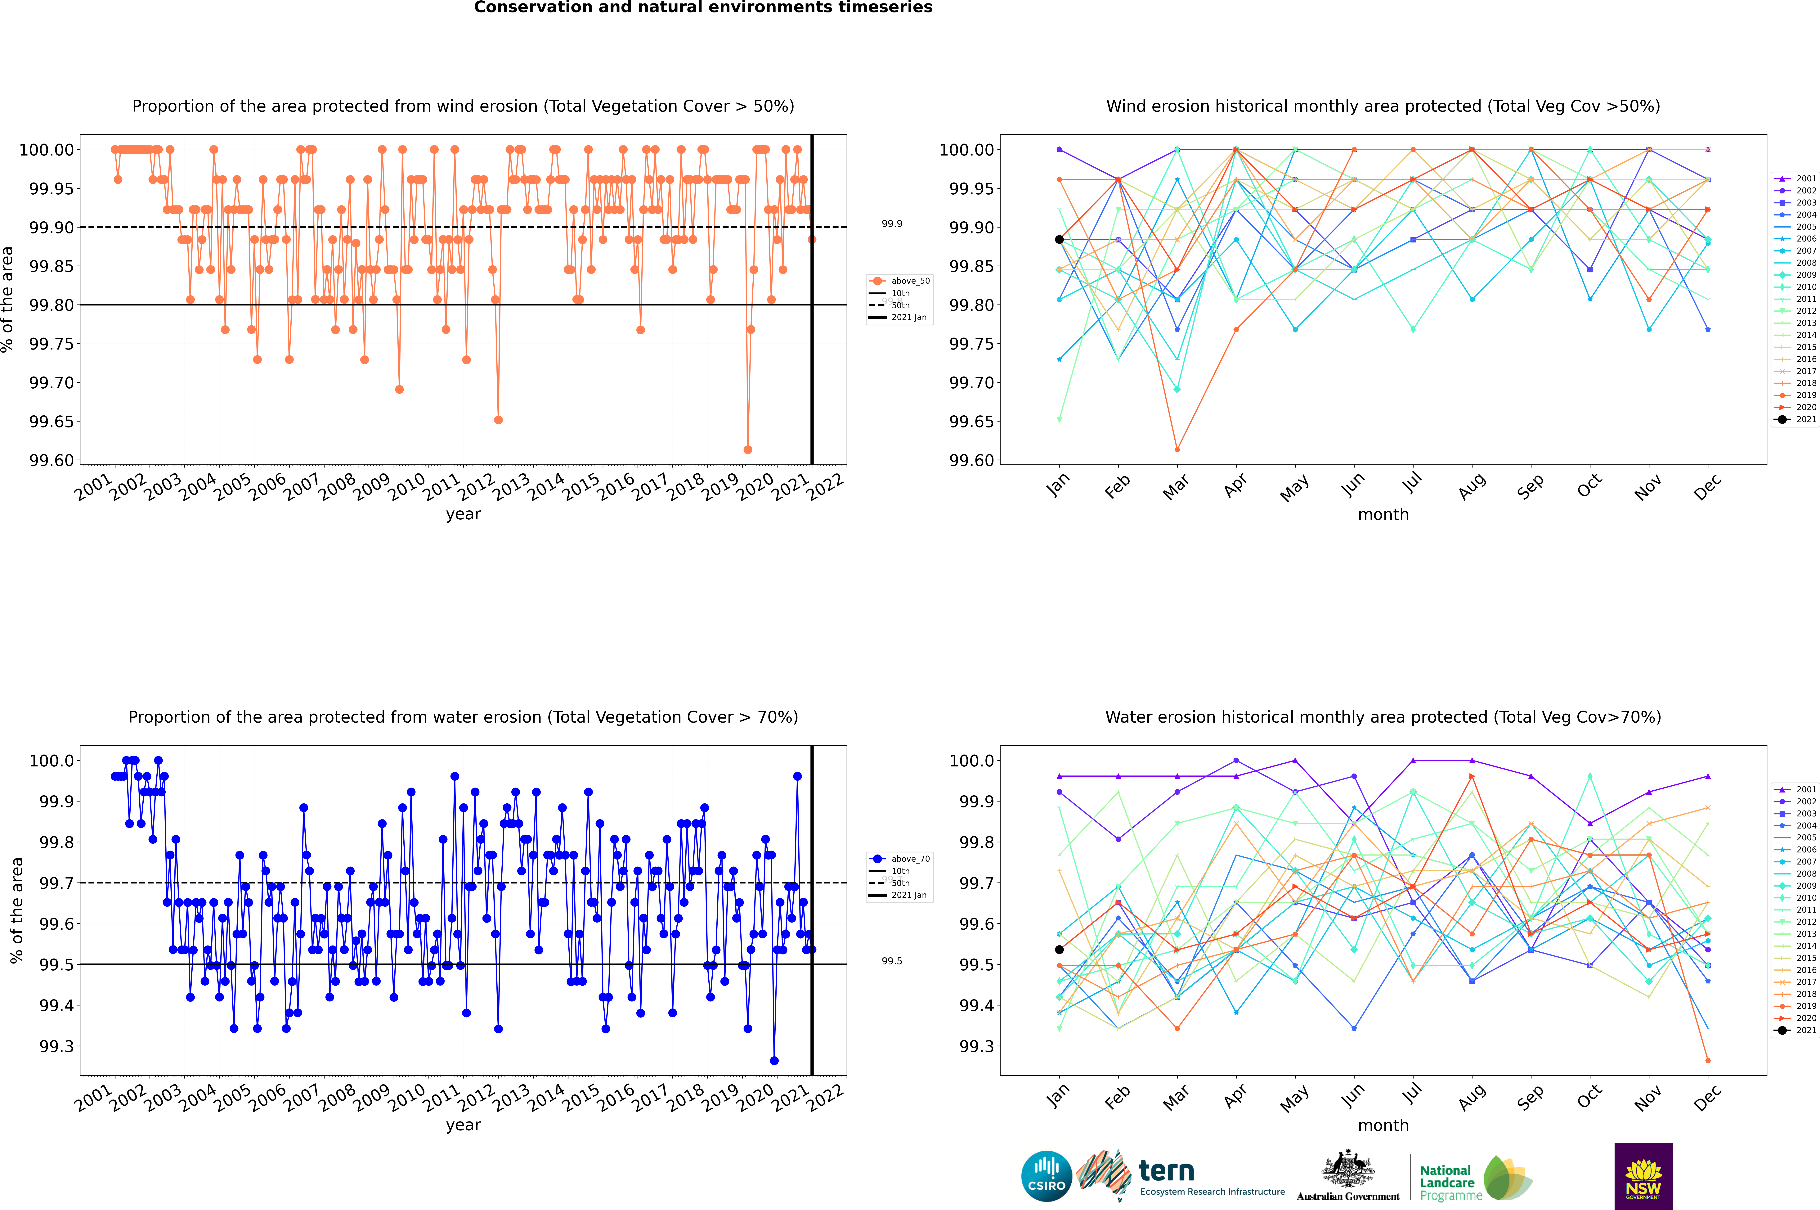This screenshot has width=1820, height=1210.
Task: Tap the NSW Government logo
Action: click(x=1643, y=1176)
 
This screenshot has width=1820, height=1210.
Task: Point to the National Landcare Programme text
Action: click(x=1447, y=1182)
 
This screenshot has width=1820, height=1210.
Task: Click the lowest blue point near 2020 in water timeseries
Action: click(x=774, y=1060)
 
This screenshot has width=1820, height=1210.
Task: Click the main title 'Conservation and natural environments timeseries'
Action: click(x=703, y=8)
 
